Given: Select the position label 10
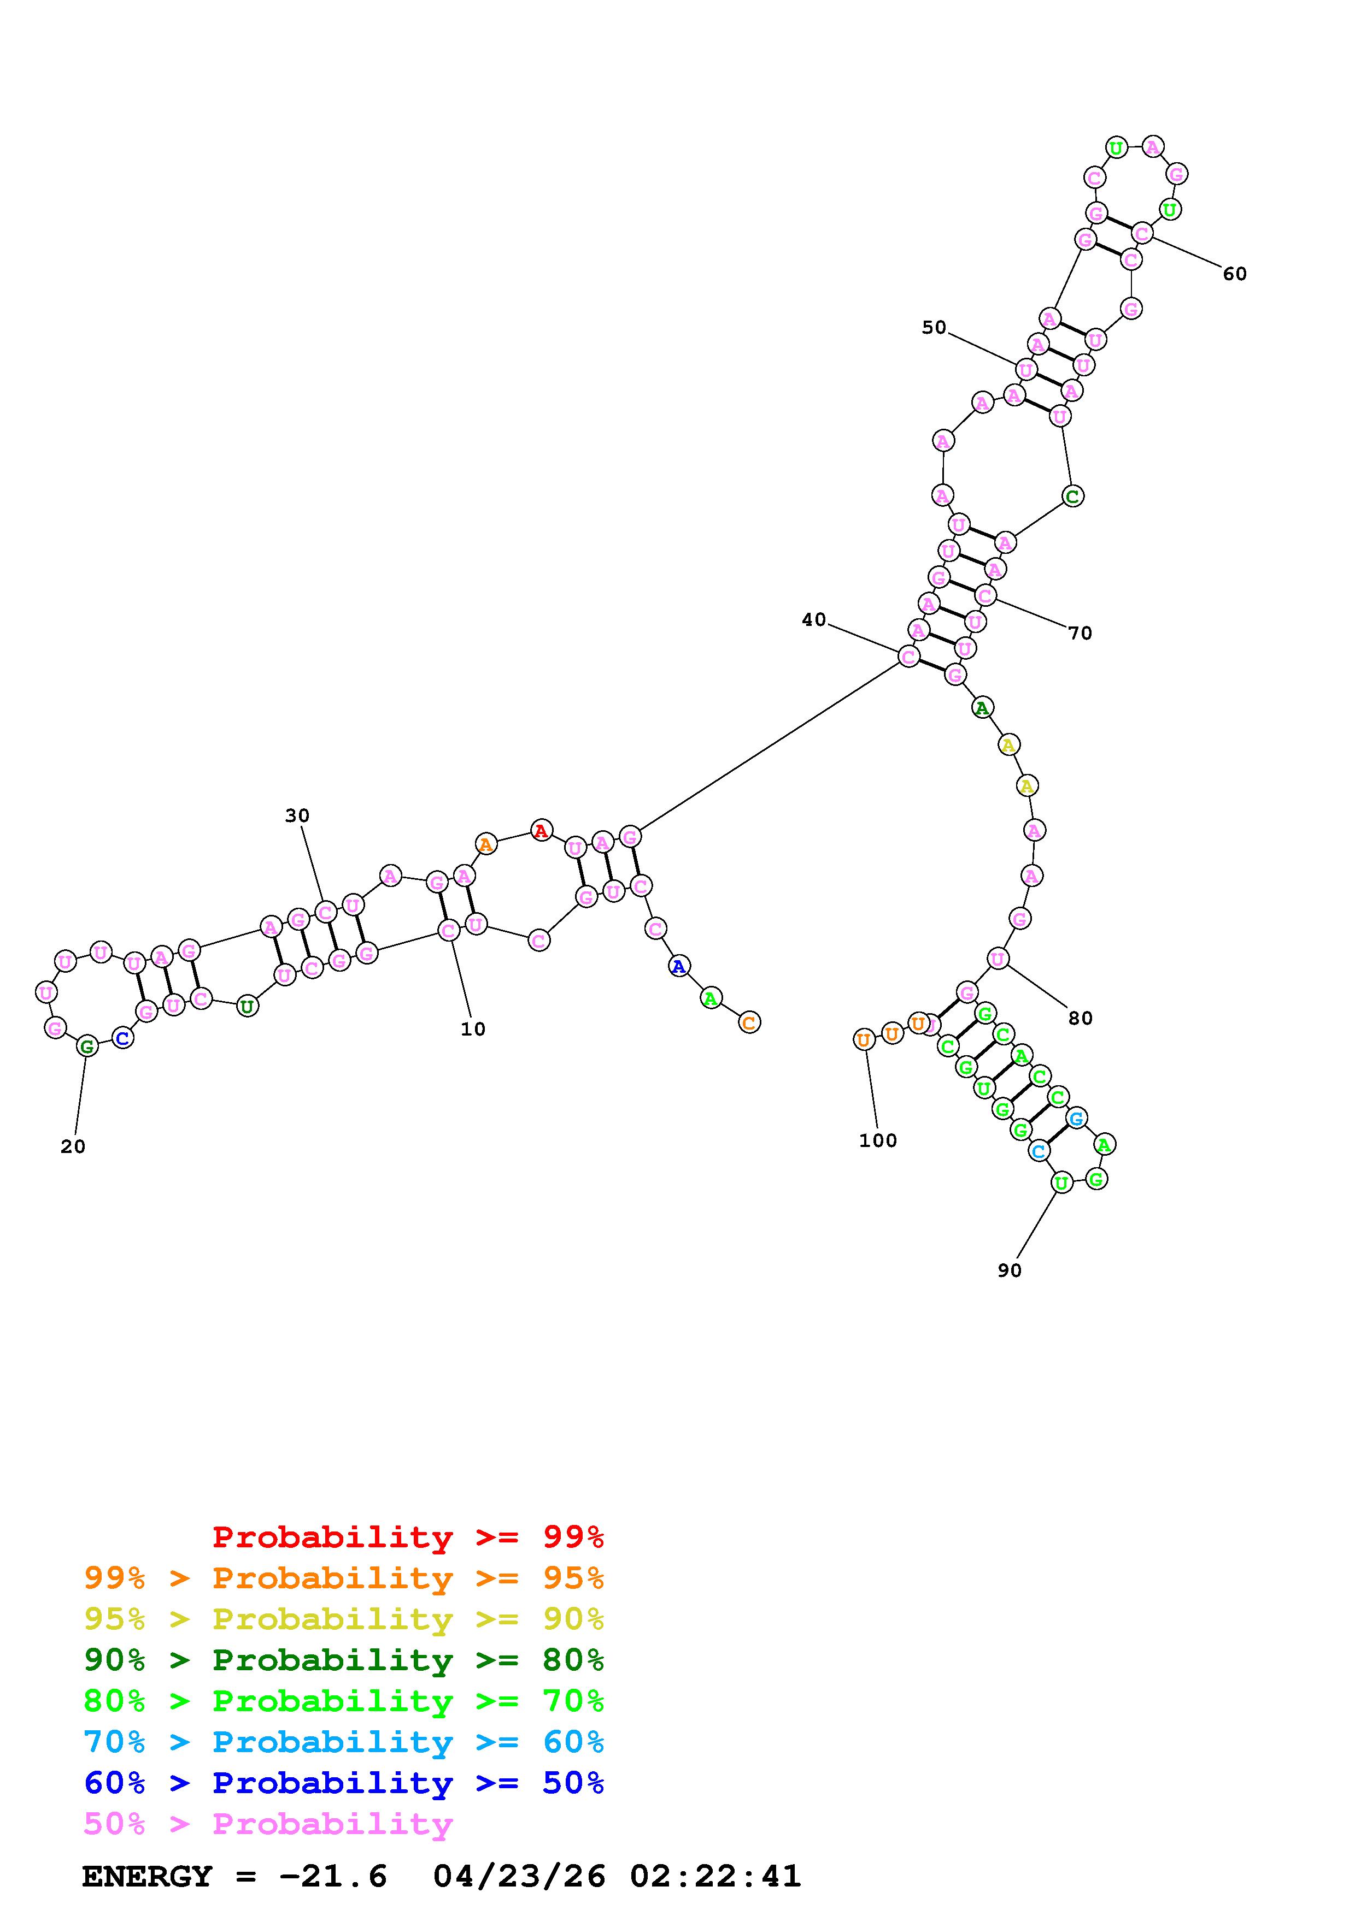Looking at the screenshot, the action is pos(473,1029).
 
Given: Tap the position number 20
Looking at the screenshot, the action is pos(73,1146).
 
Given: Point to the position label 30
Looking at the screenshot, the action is pos(297,815).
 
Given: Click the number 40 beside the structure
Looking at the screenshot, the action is pos(813,619).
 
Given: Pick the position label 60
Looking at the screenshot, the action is pos(1234,274).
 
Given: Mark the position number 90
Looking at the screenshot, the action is pos(1010,1270).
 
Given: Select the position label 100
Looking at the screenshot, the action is pos(877,1141).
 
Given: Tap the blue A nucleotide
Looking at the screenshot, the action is pos(679,966).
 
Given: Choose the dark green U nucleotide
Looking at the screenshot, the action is pos(247,1007).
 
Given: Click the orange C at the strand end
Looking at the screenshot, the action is pos(749,1022).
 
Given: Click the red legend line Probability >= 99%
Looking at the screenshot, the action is pos(408,1536).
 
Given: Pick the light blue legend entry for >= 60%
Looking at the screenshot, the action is pos(344,1742).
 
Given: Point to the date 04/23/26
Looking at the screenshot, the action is pos(519,1876).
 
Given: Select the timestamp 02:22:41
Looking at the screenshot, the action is pos(715,1876).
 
